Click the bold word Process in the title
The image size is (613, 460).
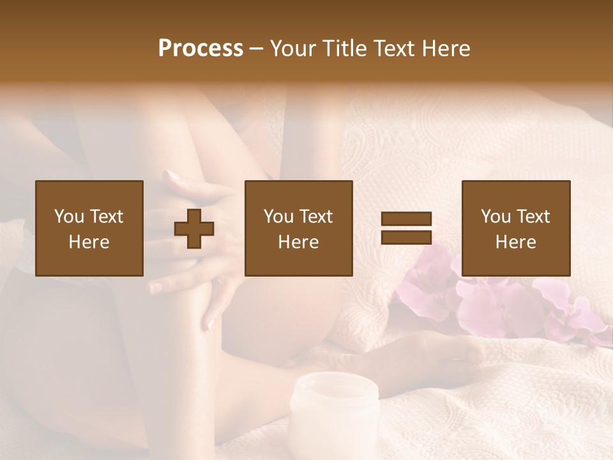pyautogui.click(x=201, y=49)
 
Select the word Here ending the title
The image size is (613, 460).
pyautogui.click(x=445, y=49)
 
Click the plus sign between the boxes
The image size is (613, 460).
pyautogui.click(x=194, y=229)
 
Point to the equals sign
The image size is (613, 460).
pyautogui.click(x=406, y=228)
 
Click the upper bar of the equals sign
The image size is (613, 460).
pyautogui.click(x=406, y=219)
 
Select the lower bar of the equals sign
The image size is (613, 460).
pyautogui.click(x=406, y=237)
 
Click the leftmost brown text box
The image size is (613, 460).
pyautogui.click(x=89, y=228)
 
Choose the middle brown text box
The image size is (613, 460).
pyautogui.click(x=298, y=228)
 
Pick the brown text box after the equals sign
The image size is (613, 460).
pyautogui.click(x=515, y=228)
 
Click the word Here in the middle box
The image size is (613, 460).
pyautogui.click(x=298, y=242)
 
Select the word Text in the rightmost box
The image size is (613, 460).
pyautogui.click(x=533, y=217)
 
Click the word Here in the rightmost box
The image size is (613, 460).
pyautogui.click(x=515, y=242)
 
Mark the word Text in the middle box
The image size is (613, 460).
pyautogui.click(x=315, y=217)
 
